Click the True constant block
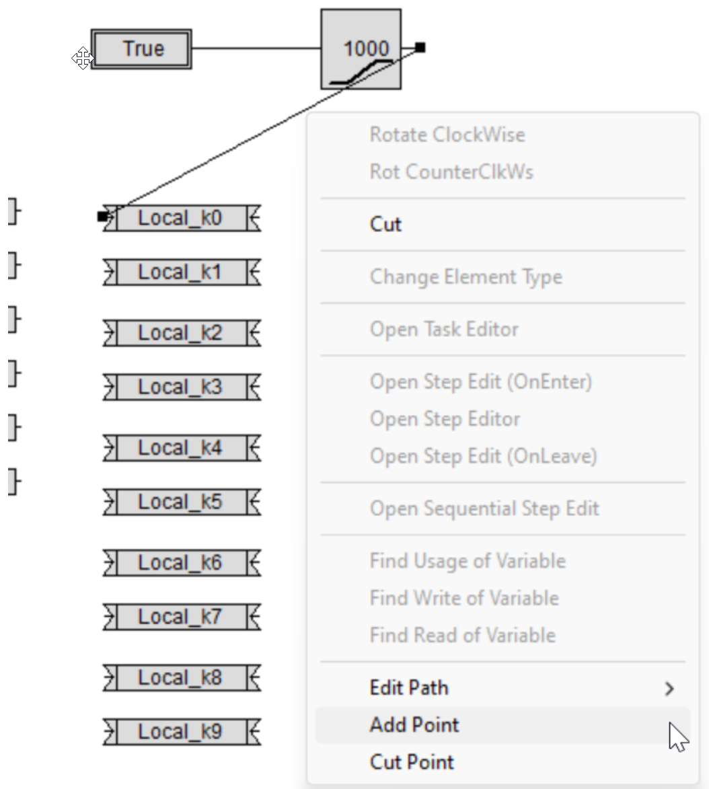pos(141,49)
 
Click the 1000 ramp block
pos(361,49)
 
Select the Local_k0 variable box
pos(182,218)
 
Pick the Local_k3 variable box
pos(182,387)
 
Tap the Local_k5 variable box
pos(182,502)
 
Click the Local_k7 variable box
pos(182,617)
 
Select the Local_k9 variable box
pos(182,732)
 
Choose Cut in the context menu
pos(385,225)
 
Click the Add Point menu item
pos(414,725)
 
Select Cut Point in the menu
pos(412,762)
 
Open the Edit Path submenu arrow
pos(669,688)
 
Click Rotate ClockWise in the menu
pos(447,135)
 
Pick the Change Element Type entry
pos(466,277)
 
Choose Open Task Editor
pos(444,330)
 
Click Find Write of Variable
pos(464,598)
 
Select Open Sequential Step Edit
pos(484,509)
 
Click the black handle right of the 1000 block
pos(420,48)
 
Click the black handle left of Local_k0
pos(103,217)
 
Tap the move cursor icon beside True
pos(83,59)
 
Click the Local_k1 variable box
pos(182,272)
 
